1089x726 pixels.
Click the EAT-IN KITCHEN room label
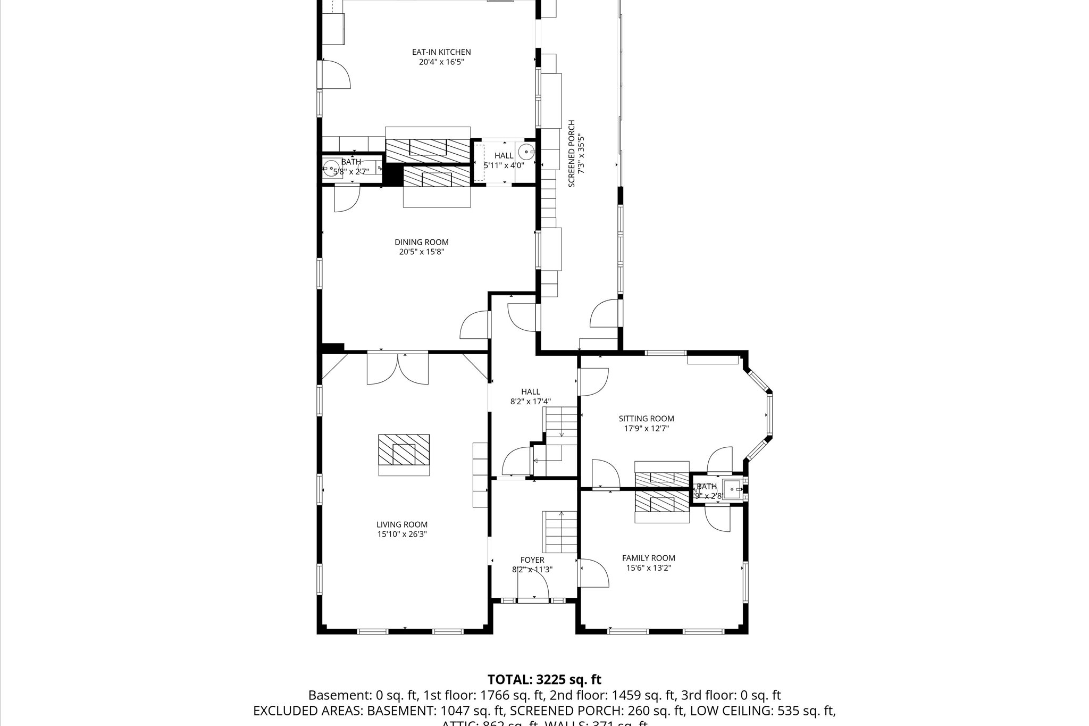coord(441,52)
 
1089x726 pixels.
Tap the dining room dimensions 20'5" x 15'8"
coord(421,252)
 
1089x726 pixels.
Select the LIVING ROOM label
coord(402,524)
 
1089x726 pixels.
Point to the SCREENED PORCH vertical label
coord(572,154)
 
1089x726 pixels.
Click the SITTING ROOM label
coord(646,419)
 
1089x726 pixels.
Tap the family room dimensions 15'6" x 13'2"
coord(649,568)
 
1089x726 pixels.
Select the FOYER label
coord(532,560)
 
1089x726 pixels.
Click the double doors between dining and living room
coord(398,368)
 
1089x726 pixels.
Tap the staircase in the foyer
coord(559,532)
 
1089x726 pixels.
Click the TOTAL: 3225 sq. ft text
coord(544,680)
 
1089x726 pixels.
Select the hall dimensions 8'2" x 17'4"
coord(530,402)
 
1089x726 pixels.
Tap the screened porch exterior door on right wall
coord(605,314)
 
